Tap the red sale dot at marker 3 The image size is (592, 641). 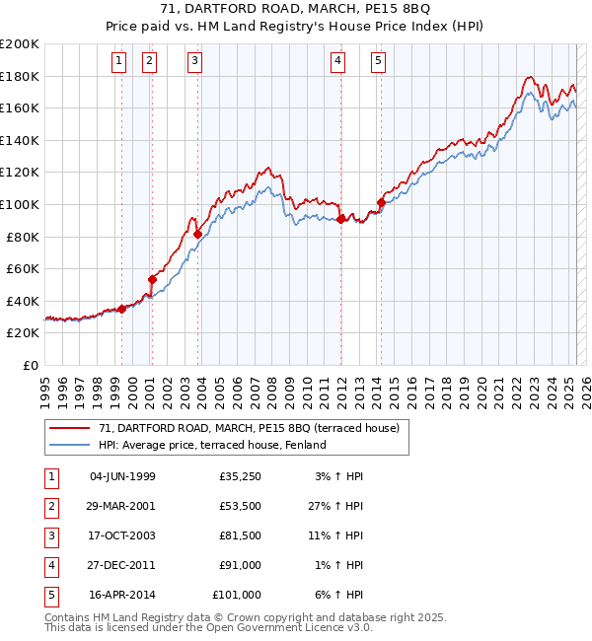tap(198, 234)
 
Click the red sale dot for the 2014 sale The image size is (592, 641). tap(380, 202)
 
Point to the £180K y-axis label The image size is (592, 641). tap(20, 76)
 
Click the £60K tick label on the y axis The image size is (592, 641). tap(23, 268)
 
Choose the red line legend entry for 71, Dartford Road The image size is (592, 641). tap(249, 428)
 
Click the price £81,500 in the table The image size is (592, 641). tap(237, 535)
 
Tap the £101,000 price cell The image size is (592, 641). tap(237, 595)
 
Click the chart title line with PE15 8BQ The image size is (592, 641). tap(295, 11)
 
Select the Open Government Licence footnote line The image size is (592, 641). tap(209, 628)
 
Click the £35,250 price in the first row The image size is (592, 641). tap(237, 476)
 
